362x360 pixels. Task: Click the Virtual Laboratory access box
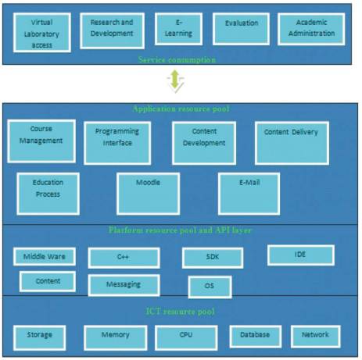click(x=42, y=33)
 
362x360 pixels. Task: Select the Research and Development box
click(x=112, y=30)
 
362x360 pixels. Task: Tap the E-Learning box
click(x=178, y=29)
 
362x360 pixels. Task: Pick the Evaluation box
click(x=241, y=29)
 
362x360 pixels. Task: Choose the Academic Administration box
click(x=311, y=29)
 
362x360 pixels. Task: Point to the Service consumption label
click(x=177, y=59)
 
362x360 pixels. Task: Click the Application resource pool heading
click(x=181, y=109)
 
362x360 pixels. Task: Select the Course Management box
click(x=41, y=141)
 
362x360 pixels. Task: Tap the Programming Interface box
click(x=117, y=143)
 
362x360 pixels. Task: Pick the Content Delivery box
click(x=292, y=143)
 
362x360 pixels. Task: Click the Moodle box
click(x=148, y=194)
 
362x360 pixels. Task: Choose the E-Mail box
click(x=249, y=194)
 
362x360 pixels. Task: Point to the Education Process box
click(x=48, y=194)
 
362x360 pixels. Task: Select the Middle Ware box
click(x=45, y=257)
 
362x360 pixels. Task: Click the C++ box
click(x=124, y=258)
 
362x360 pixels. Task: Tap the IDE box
click(x=301, y=255)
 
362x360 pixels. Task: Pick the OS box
click(x=210, y=287)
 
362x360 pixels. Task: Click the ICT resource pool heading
click(x=181, y=312)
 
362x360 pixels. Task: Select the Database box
click(x=256, y=337)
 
